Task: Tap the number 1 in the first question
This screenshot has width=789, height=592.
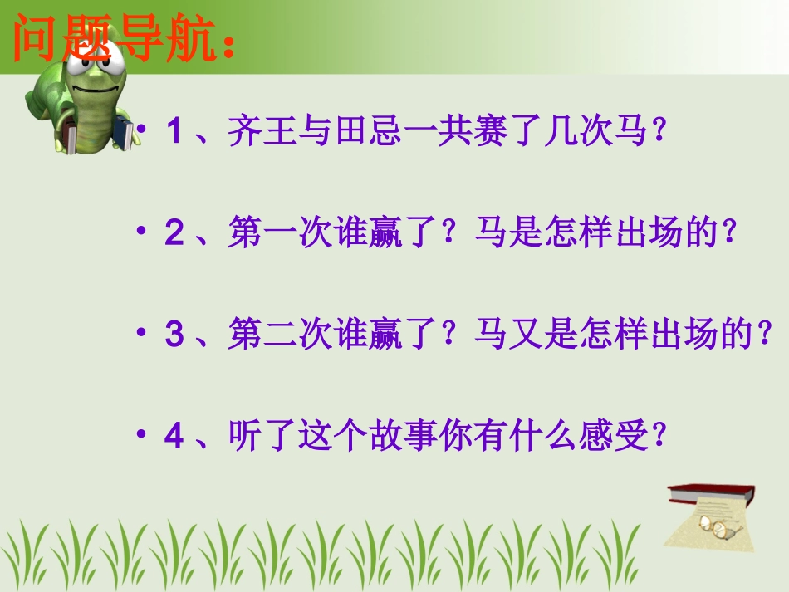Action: pos(174,132)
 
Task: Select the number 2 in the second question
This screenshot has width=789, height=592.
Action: pos(174,235)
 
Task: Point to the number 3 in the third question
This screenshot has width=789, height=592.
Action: pos(174,336)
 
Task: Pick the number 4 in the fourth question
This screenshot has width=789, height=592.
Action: pos(174,438)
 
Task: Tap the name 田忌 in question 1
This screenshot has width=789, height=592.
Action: pos(367,132)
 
